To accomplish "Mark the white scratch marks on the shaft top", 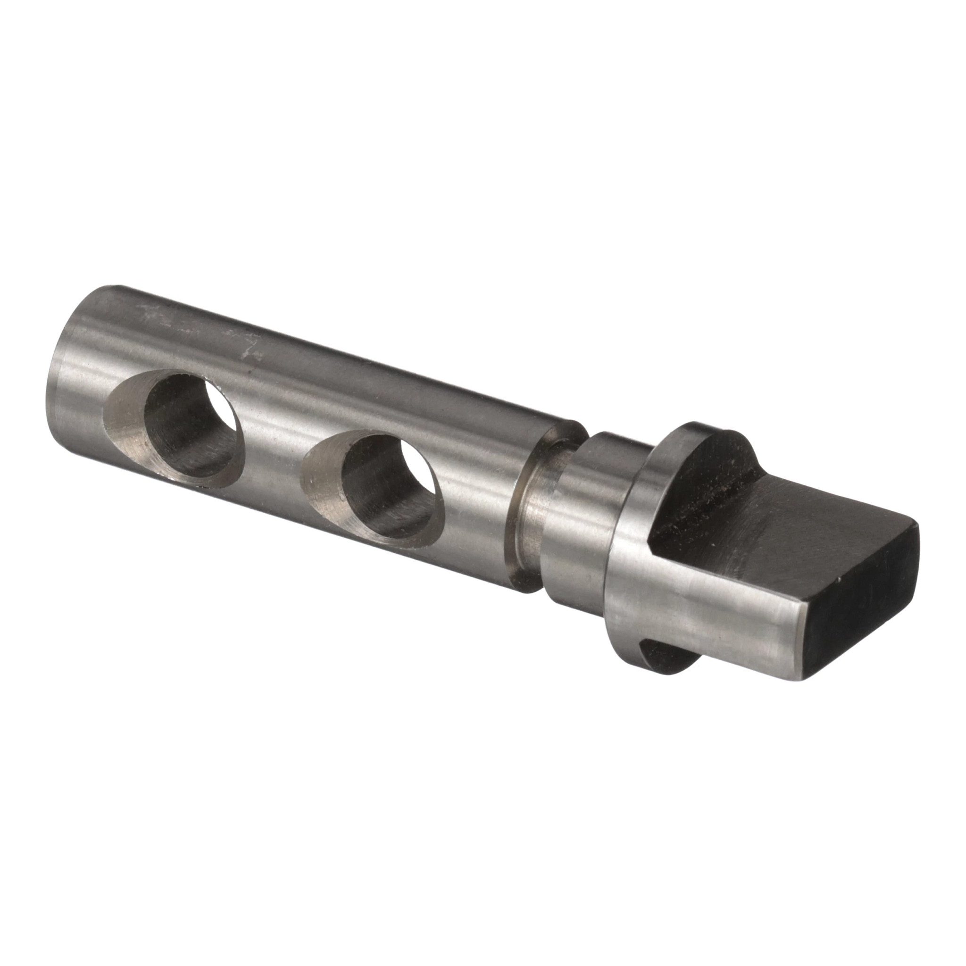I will point(250,350).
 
